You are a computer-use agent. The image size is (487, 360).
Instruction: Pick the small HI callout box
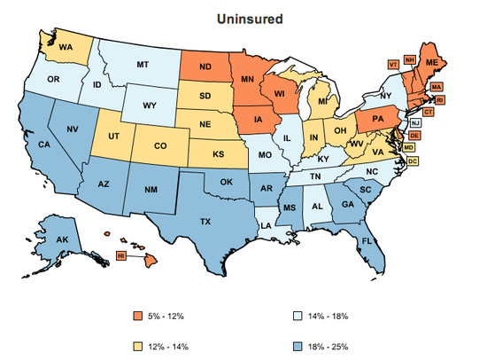pyautogui.click(x=121, y=255)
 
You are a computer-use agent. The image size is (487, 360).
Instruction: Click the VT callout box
pyautogui.click(x=392, y=64)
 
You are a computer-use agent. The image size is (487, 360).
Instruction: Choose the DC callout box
pyautogui.click(x=414, y=160)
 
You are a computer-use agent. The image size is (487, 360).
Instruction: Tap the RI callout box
pyautogui.click(x=440, y=99)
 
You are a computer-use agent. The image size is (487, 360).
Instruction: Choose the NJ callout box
pyautogui.click(x=416, y=122)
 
